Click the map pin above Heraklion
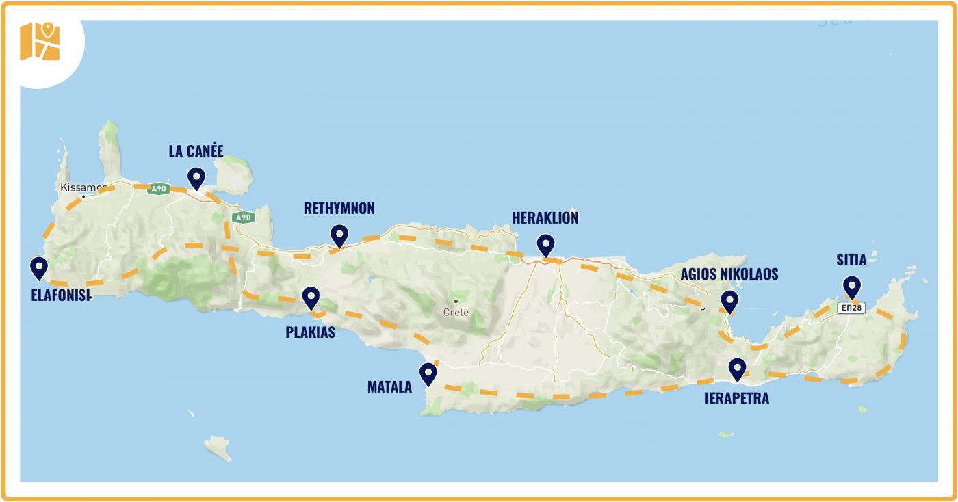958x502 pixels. point(545,244)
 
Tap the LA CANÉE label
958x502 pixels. point(196,150)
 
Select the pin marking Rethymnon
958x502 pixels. point(339,235)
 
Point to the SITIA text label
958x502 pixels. point(851,260)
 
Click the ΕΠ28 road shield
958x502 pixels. point(852,308)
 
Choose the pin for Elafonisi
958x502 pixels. point(39,267)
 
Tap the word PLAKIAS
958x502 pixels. point(310,332)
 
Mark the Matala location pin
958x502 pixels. point(428,373)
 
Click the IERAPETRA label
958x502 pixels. point(736,398)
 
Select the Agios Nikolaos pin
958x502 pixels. point(729,300)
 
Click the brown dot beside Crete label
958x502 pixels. point(455,301)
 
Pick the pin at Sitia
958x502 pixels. point(851,285)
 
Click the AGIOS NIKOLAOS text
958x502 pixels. point(729,274)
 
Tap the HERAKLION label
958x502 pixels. point(545,218)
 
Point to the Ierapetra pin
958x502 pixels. point(737,369)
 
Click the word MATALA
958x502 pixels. point(389,388)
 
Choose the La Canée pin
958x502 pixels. point(196,177)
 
